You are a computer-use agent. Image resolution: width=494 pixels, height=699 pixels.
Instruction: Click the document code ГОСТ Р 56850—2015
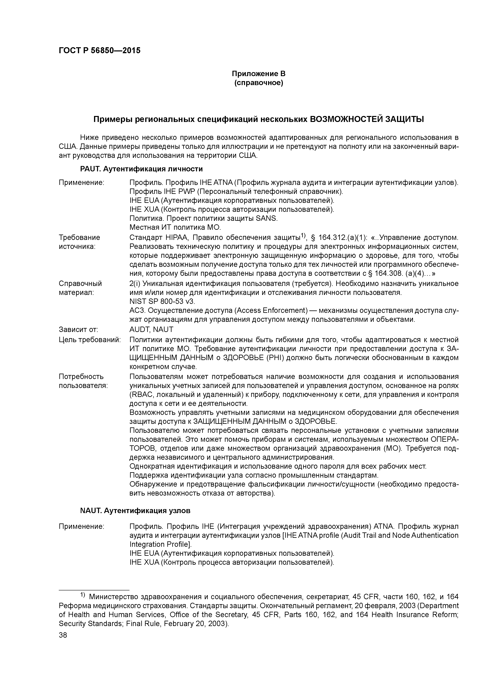tap(100, 51)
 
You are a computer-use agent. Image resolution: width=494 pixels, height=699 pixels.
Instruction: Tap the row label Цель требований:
tap(89, 340)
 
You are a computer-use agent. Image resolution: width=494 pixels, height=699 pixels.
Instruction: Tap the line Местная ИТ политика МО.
tap(175, 227)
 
